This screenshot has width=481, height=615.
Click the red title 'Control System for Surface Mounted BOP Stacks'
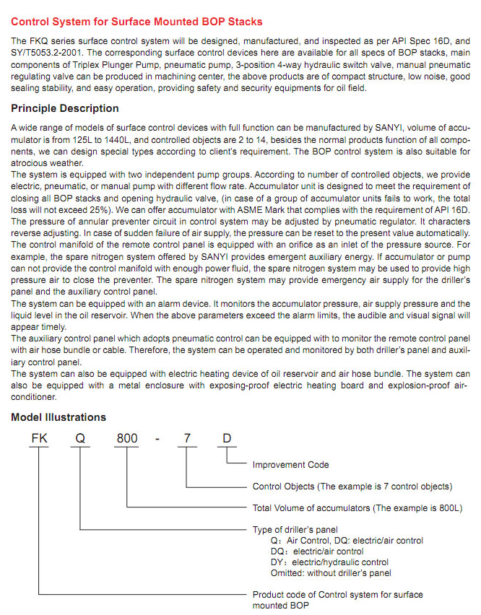tap(137, 22)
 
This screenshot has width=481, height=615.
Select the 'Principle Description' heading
tap(65, 108)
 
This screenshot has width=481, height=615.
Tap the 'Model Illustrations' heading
tap(58, 417)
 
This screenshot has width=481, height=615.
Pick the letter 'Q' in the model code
tap(79, 437)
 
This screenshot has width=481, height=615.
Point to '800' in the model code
tap(127, 437)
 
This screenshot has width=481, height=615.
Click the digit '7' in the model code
tap(187, 437)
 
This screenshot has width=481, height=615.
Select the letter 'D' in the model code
tap(227, 437)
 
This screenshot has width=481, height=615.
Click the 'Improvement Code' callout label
tap(290, 465)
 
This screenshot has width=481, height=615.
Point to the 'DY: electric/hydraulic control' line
tap(329, 562)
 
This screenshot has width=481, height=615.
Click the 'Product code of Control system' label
tap(337, 595)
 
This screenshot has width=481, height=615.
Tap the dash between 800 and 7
tap(159, 437)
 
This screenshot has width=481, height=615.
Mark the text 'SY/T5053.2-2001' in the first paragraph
tap(45, 53)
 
